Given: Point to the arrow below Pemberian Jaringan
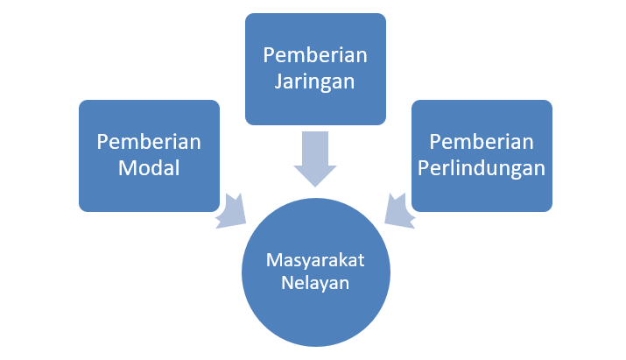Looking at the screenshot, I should [314, 158].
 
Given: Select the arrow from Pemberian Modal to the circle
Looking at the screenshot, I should [236, 209].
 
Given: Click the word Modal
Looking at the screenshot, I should [149, 167].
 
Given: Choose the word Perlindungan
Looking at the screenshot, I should [482, 167].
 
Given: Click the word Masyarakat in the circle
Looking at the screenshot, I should [315, 261].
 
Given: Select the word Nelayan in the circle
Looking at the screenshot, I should [315, 283].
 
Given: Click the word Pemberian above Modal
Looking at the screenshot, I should [149, 142].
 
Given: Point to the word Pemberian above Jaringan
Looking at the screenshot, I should [315, 55].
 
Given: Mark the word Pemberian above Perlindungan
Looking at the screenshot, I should [482, 142].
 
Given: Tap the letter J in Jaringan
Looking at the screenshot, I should [278, 81].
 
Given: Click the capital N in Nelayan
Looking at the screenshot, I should [285, 283].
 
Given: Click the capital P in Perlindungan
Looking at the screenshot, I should [423, 167].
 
